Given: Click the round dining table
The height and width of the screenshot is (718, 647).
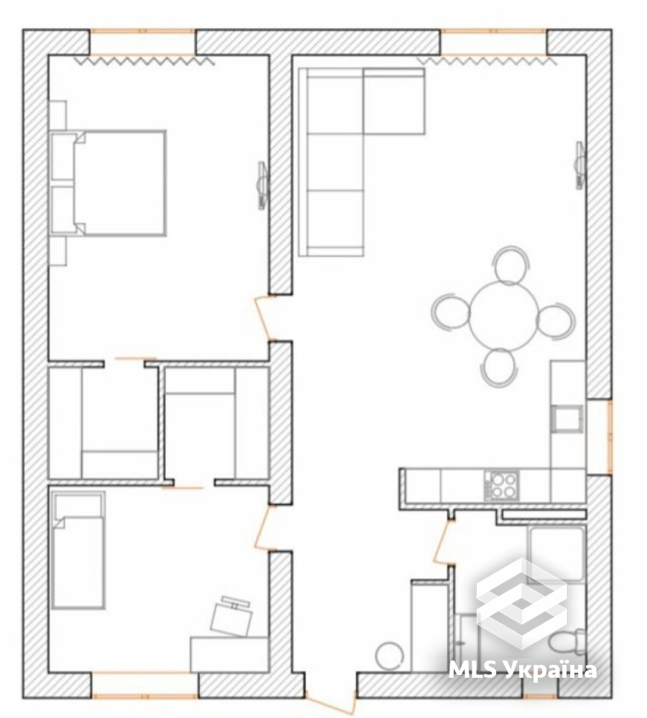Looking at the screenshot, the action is pos(503,316).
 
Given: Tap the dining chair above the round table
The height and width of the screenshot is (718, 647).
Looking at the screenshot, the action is pos(511,265).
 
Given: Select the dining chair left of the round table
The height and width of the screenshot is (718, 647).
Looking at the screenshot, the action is pos(450,311).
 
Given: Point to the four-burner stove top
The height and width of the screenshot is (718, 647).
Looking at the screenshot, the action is pos(503,485).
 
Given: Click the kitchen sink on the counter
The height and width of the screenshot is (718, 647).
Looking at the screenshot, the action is pos(568,419).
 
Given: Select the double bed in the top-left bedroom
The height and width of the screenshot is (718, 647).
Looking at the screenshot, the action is pos(108,183).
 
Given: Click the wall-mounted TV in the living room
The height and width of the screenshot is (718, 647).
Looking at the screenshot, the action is pos(579,165).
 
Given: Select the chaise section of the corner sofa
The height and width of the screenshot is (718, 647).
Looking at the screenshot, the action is pos(394,101).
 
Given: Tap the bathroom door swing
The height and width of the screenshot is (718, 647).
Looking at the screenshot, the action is pos(442,543).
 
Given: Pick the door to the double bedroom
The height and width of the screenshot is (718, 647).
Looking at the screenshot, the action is pos(264,318).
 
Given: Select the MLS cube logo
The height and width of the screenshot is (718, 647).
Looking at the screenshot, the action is pos(522,604).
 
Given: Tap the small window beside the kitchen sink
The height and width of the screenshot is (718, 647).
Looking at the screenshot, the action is pos(610,437).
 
